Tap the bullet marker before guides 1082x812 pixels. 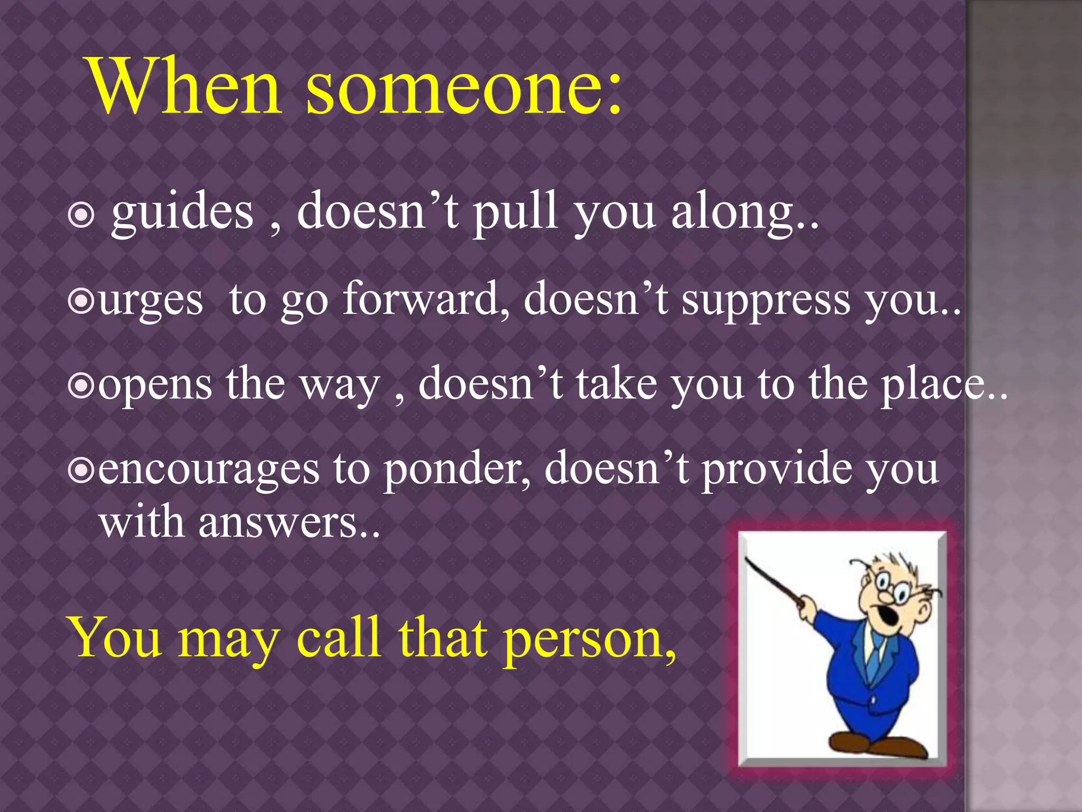coord(81,215)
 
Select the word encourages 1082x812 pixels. coord(209,470)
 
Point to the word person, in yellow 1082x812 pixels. coord(589,640)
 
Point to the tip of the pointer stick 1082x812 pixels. coord(747,558)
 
